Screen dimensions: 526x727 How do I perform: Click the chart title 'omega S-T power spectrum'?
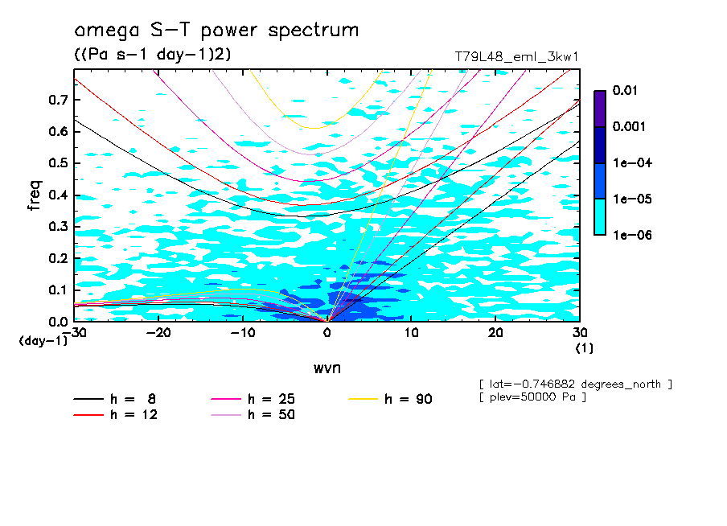[x=216, y=31]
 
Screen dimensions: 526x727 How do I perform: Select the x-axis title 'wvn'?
[x=327, y=368]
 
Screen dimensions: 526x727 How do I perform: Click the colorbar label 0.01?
[x=623, y=91]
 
